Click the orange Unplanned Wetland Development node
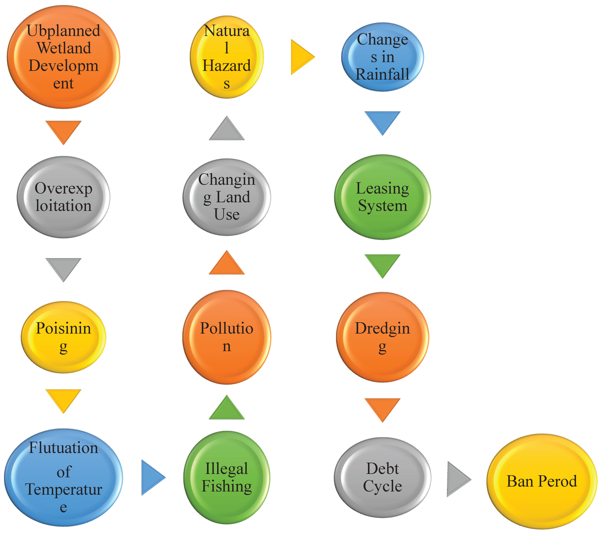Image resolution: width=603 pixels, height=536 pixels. click(63, 57)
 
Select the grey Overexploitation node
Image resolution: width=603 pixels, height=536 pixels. click(63, 197)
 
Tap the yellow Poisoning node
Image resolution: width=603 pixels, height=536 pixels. click(63, 337)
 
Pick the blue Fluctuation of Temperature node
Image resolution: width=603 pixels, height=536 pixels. click(63, 478)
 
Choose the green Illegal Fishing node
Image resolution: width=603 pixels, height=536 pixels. click(227, 478)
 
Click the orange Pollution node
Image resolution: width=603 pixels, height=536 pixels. click(227, 337)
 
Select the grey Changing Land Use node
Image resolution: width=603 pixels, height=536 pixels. click(227, 197)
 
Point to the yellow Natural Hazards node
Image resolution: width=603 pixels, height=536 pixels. click(227, 57)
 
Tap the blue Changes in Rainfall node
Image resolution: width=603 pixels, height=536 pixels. click(382, 57)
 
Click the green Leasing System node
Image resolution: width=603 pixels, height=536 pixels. click(382, 197)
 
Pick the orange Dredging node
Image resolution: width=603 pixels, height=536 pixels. click(382, 337)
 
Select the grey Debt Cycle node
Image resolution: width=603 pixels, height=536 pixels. click(382, 478)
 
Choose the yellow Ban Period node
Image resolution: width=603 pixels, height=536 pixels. click(542, 481)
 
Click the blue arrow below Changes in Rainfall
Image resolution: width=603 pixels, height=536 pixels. click(382, 121)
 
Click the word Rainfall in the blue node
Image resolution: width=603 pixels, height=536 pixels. click(382, 74)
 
